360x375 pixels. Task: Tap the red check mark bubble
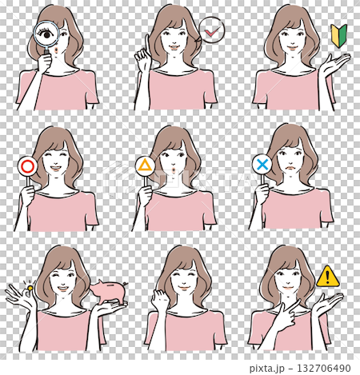coord(211,30)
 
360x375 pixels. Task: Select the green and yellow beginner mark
coord(338,34)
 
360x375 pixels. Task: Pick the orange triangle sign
coord(145,166)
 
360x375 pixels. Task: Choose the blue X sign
coord(262,165)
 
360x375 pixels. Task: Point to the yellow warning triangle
coord(326,277)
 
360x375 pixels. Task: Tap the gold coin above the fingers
coord(30,287)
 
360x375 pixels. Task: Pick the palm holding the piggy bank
coord(112,306)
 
